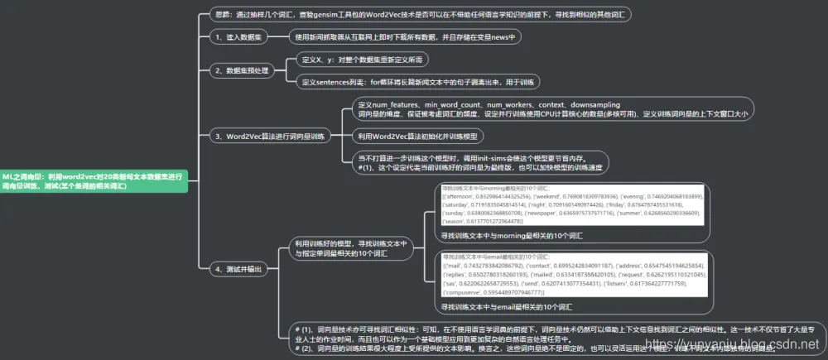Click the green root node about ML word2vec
pos(93,180)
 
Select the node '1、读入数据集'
pos(242,37)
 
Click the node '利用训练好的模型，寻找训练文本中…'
pos(352,249)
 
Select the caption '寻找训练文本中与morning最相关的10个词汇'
pos(512,236)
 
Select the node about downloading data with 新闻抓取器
pos(404,37)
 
